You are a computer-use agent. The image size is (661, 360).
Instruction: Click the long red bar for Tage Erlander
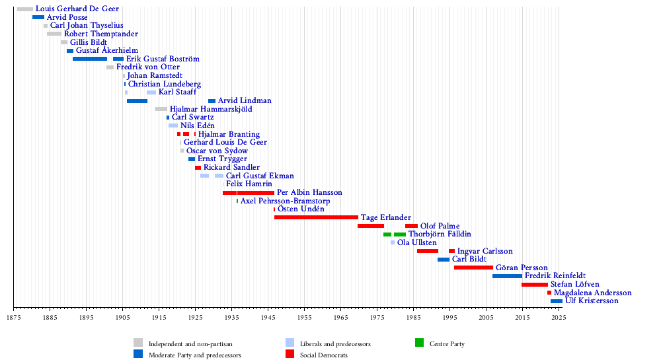(316, 217)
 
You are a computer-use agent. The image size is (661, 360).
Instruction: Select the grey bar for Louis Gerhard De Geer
(25, 9)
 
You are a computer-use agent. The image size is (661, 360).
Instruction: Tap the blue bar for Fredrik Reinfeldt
(507, 276)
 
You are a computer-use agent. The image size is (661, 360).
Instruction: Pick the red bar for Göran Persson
(473, 268)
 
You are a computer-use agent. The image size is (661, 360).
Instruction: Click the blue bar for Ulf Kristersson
(557, 301)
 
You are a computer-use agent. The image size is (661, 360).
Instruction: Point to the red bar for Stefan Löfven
(534, 285)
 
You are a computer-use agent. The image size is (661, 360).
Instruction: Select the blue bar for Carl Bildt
(443, 260)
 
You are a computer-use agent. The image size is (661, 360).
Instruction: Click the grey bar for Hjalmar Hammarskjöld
(161, 109)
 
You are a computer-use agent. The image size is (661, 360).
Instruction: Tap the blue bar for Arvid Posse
(38, 17)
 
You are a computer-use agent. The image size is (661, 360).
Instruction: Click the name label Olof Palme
(440, 226)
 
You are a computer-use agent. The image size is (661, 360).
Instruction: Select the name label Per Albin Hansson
(309, 192)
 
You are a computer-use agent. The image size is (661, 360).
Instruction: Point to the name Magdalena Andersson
(592, 293)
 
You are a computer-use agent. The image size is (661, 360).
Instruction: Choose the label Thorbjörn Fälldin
(440, 234)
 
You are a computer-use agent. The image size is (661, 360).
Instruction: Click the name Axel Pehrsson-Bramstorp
(285, 201)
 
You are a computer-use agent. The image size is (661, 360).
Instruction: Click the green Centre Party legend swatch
(419, 343)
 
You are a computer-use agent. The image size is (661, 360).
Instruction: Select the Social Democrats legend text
(324, 355)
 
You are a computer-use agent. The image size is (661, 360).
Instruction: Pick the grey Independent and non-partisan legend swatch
(138, 343)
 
